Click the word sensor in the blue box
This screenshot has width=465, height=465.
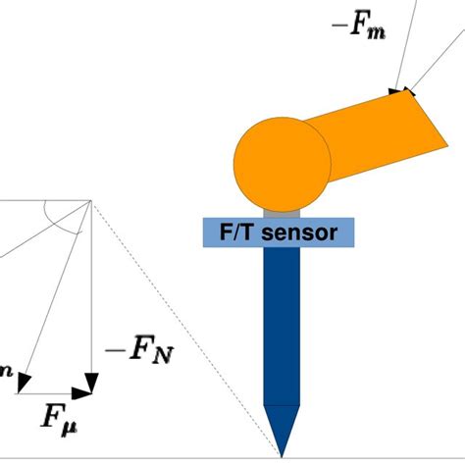tap(304, 232)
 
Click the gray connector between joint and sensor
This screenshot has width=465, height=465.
tap(282, 211)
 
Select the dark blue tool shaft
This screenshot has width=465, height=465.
tap(282, 324)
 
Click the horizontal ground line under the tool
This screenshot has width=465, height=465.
tap(147, 457)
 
